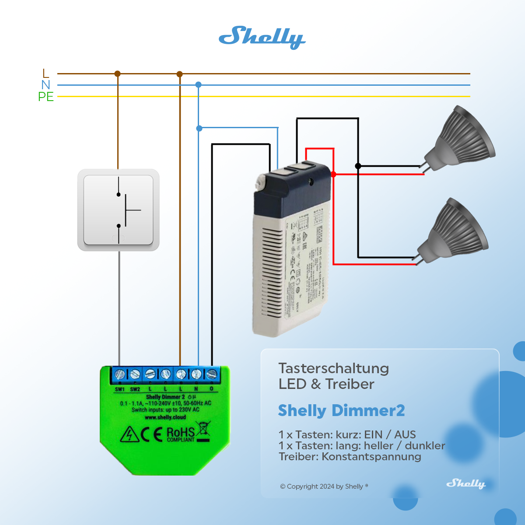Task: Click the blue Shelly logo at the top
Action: (262, 37)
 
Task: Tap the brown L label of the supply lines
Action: (46, 73)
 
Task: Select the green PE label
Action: (46, 97)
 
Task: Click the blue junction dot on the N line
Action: (198, 84)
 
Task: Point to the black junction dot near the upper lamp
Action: (358, 166)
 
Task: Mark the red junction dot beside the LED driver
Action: (333, 174)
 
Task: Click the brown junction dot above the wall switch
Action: (117, 73)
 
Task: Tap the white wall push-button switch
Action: (118, 210)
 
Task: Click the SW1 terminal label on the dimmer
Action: (120, 389)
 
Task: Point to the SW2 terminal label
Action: (135, 389)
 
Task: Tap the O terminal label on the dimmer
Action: (212, 389)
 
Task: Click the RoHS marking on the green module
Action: (181, 434)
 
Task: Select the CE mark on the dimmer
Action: (151, 435)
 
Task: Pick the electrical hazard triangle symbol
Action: (129, 435)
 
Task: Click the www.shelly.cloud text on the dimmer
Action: (165, 417)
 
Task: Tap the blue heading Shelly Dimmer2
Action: (341, 410)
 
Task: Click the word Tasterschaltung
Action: (333, 368)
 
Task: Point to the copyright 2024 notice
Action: (324, 486)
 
